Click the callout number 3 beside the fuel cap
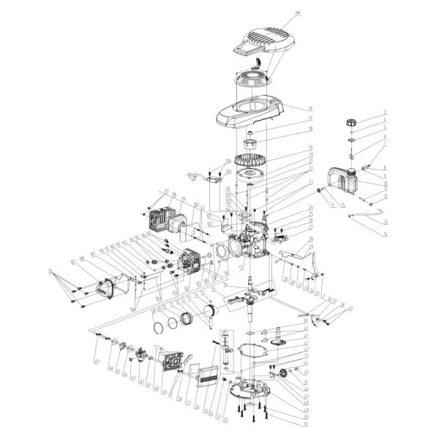point(383,112)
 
